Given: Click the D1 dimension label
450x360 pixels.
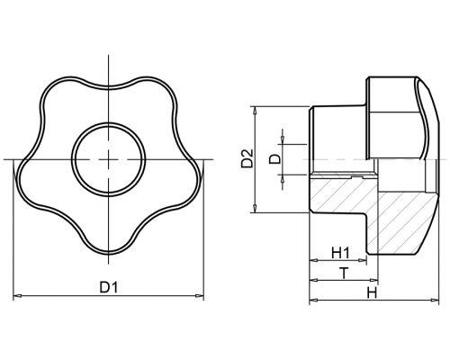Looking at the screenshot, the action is (x=109, y=287).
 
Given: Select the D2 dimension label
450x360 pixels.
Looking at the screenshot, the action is (x=247, y=157).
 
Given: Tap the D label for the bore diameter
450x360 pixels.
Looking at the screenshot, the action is (x=274, y=158).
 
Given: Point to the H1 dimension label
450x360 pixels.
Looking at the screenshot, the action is (x=340, y=253).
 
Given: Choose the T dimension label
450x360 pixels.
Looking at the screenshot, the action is (x=344, y=274).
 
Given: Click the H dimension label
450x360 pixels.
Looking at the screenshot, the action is (x=372, y=292).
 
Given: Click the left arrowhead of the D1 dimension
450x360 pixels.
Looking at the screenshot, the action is (x=17, y=296).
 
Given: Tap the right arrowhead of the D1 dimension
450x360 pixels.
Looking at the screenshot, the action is (x=200, y=296).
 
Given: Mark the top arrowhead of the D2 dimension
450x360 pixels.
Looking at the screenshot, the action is (x=255, y=110).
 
